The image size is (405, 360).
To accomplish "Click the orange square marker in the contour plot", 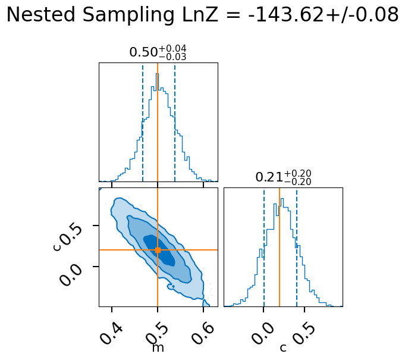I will point(158,250).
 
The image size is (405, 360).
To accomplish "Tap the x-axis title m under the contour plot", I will point(158,348).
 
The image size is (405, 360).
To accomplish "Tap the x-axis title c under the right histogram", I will point(283,348).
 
